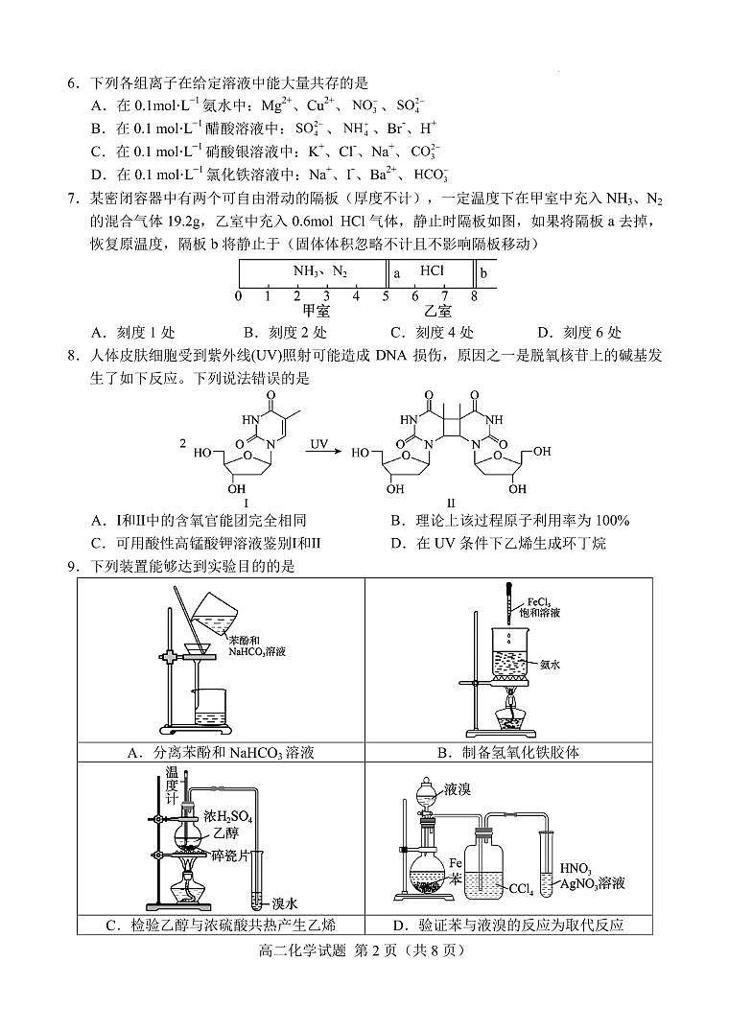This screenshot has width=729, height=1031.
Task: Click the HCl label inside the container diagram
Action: tap(432, 271)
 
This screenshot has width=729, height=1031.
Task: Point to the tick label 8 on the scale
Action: tap(474, 296)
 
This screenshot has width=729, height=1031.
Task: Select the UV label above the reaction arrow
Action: tap(318, 444)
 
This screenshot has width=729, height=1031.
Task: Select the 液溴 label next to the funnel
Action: tap(458, 789)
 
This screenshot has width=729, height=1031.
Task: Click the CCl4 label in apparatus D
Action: tap(521, 889)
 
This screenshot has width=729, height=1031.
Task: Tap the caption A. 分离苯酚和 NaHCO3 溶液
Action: tap(221, 753)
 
